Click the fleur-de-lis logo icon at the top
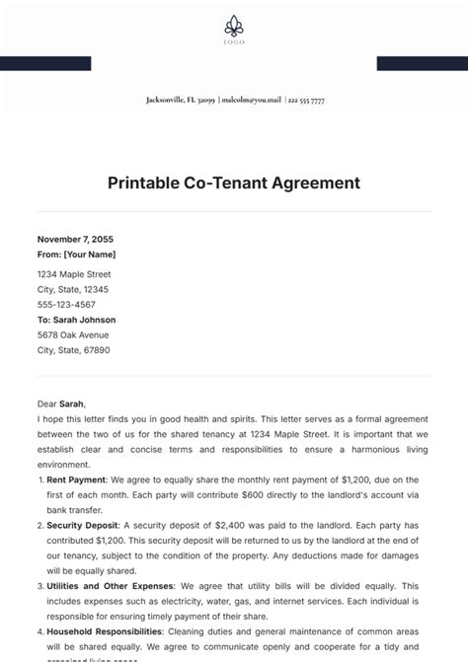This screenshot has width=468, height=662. point(234,27)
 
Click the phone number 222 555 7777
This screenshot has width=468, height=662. point(305,101)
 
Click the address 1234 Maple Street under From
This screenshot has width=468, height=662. point(74,274)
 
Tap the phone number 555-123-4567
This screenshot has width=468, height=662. point(68,305)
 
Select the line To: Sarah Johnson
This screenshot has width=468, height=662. point(76,320)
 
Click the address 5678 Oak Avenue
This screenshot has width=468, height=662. point(71,334)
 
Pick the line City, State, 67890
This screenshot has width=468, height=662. point(73,350)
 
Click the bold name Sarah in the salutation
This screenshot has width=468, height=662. point(71,404)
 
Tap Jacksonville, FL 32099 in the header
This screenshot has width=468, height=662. point(180,101)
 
